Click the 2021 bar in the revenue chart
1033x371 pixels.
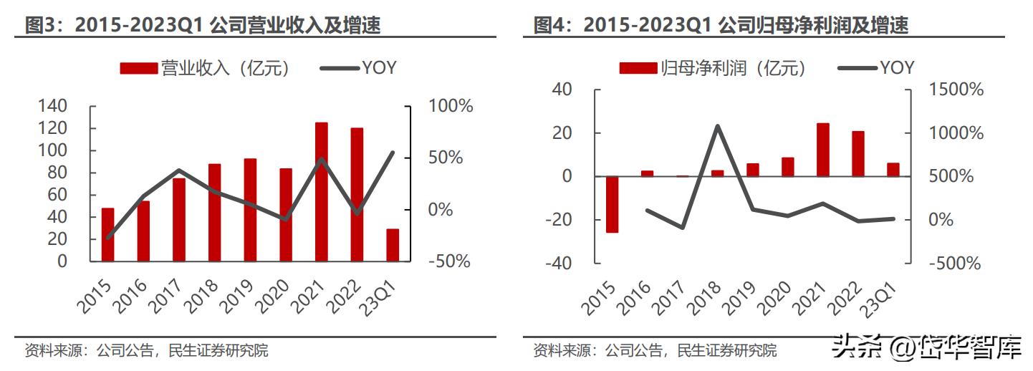tap(322, 191)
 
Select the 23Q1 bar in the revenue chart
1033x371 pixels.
tap(393, 245)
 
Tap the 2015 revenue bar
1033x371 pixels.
tap(108, 234)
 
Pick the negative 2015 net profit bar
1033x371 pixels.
tap(612, 204)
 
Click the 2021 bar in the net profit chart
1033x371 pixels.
tap(823, 150)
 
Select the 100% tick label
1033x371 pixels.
tap(451, 107)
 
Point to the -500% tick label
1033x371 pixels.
tap(953, 264)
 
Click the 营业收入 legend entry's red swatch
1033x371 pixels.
tap(138, 68)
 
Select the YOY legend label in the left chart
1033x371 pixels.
tap(379, 68)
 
